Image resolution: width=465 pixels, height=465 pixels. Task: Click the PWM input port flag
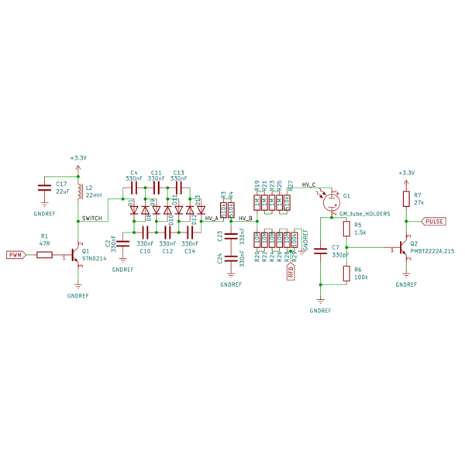point(15,254)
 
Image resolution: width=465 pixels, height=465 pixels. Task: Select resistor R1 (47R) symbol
point(44,254)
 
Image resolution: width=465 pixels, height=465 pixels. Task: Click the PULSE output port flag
point(435,221)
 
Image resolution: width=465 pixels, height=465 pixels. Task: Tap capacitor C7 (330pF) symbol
point(320,250)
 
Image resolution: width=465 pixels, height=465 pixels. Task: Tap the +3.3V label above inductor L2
point(77,157)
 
